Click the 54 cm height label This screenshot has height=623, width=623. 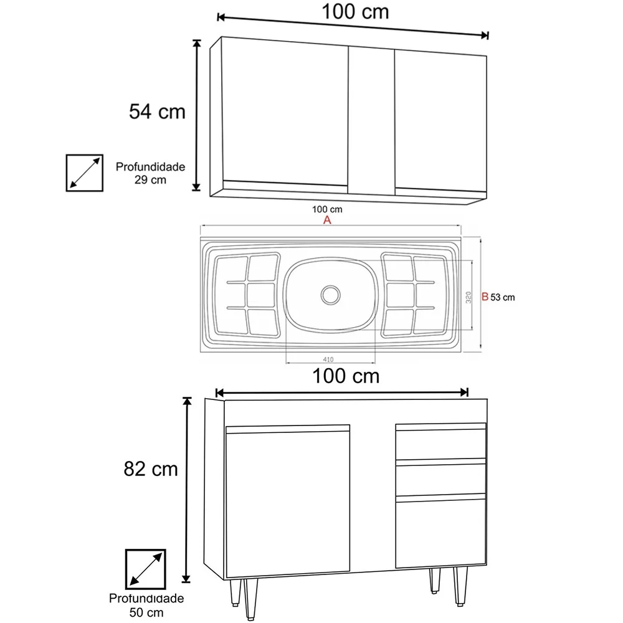click(157, 112)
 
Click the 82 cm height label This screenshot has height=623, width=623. click(150, 468)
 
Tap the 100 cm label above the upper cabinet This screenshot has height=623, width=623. click(355, 12)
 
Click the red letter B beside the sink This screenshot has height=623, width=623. click(485, 297)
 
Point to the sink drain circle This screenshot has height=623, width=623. click(330, 293)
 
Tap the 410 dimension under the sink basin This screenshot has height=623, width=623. click(329, 359)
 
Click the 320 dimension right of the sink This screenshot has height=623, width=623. click(467, 296)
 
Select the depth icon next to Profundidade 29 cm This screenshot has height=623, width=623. click(85, 173)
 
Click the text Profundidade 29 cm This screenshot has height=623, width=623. click(150, 173)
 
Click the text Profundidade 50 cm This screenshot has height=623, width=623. click(146, 605)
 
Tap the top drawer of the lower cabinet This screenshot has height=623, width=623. click(440, 444)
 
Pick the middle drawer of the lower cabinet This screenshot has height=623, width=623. click(440, 478)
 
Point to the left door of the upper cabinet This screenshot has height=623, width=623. click(285, 115)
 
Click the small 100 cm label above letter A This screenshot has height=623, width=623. click(327, 210)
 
